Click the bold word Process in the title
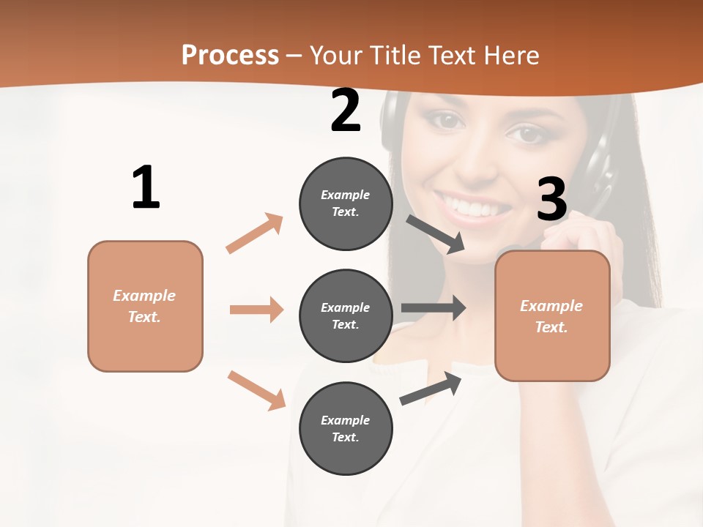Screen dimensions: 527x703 coord(230,56)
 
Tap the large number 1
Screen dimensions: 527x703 coord(146,188)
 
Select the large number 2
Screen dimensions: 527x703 coord(346,111)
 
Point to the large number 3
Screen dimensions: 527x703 coord(552,200)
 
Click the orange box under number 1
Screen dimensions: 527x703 coord(145,306)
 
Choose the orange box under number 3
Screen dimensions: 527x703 coord(552,316)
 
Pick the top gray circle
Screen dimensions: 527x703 coord(346,203)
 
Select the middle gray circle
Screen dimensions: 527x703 coord(346,316)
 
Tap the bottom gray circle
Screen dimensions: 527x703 coord(346,429)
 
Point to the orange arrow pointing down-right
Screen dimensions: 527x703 coord(256,390)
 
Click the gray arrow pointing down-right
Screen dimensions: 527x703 coord(436,233)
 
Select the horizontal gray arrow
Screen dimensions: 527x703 coord(434,308)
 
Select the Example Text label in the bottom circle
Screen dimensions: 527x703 coord(346,429)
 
